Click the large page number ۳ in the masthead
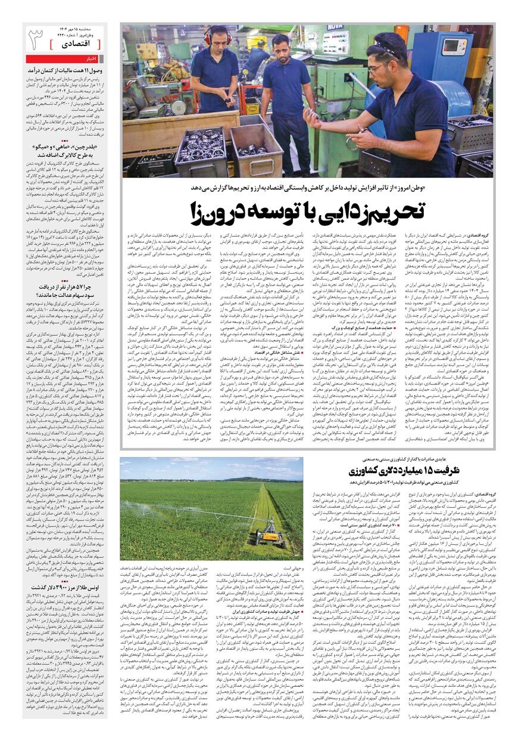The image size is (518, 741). tap(36, 41)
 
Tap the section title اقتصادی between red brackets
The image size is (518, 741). tap(77, 44)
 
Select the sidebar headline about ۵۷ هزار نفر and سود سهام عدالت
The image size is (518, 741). tap(65, 291)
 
